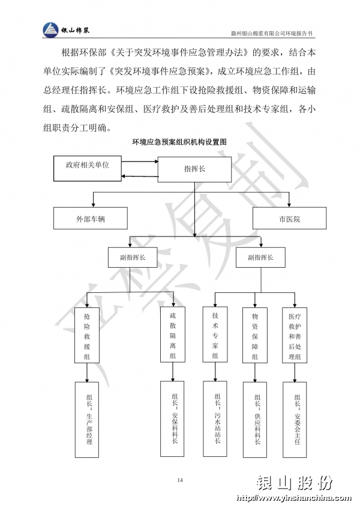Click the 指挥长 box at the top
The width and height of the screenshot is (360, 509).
click(194, 169)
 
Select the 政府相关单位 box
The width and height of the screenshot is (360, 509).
click(88, 168)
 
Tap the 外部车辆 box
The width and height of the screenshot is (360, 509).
click(90, 218)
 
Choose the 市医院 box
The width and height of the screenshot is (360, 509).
click(289, 218)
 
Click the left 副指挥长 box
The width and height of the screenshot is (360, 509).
click(133, 258)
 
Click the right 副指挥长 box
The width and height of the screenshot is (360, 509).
click(260, 258)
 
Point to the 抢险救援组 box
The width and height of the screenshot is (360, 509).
click(86, 335)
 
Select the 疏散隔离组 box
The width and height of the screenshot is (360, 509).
click(173, 334)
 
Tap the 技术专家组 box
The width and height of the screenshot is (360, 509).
click(215, 334)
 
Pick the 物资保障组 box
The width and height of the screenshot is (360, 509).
click(255, 335)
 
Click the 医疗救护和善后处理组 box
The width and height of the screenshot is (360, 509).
click(295, 335)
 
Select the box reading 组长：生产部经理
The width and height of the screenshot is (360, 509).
click(87, 420)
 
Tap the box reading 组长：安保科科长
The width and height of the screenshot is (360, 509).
click(172, 419)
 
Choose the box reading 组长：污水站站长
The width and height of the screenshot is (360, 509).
click(215, 419)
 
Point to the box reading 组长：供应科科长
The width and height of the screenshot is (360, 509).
click(255, 420)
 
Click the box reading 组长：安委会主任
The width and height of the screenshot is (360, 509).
click(295, 420)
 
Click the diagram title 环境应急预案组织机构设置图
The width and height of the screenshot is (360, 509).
click(179, 142)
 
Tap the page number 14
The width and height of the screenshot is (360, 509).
click(180, 480)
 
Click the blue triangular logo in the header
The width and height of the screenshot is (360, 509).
click(50, 30)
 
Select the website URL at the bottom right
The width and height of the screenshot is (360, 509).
click(294, 498)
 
